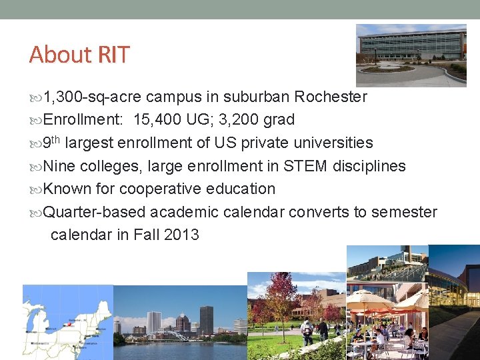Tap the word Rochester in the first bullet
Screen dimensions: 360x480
click(331, 97)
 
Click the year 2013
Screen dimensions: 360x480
click(180, 235)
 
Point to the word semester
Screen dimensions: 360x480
click(404, 212)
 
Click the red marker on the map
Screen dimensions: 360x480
click(67, 325)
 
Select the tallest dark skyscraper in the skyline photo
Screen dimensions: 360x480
click(206, 319)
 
